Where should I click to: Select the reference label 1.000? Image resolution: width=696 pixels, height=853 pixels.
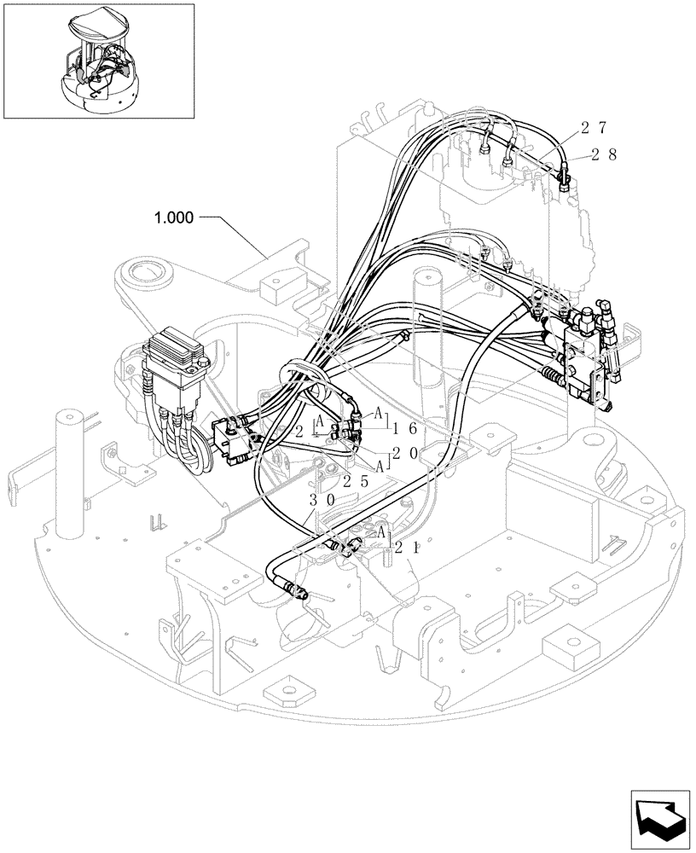point(174,218)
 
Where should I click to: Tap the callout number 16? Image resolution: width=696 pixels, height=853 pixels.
point(404,429)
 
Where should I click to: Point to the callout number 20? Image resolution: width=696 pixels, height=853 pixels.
point(404,455)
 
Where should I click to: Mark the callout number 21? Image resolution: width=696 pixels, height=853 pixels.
point(404,549)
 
